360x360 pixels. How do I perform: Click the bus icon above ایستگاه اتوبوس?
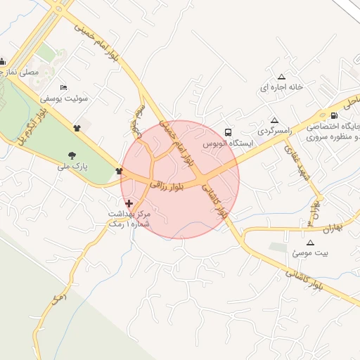228,131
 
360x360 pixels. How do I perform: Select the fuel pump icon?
333,116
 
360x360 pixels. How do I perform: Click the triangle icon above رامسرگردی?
274,120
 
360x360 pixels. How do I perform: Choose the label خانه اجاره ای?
281,88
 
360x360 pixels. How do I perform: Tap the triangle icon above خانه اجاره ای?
282,77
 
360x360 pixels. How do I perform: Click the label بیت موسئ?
310,252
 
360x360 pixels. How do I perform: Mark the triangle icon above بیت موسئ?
310,242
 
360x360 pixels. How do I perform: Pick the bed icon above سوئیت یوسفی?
64,87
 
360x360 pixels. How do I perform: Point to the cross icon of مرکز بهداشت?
128,202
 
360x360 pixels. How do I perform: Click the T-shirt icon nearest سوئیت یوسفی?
77,128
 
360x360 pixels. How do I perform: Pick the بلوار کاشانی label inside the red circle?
216,200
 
